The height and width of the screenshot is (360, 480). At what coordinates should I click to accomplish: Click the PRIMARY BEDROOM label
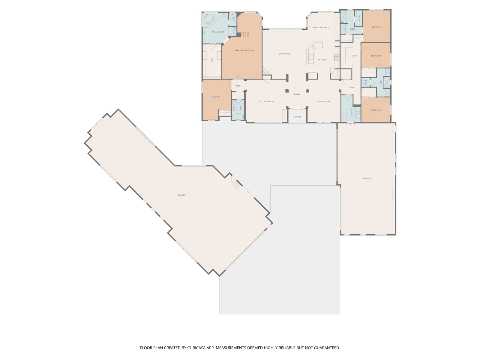click(244, 50)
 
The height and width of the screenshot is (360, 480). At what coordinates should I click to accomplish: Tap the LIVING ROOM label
click(285, 54)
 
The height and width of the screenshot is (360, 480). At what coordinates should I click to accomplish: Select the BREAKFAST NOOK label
click(321, 28)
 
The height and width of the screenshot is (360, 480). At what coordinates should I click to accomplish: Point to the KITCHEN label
click(322, 60)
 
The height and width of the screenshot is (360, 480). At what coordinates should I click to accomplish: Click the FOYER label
click(297, 94)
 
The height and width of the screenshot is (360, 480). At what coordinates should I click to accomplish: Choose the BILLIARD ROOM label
click(266, 102)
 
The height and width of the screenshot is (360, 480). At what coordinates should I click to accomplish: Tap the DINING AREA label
click(324, 102)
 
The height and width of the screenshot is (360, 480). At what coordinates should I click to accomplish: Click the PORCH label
click(297, 117)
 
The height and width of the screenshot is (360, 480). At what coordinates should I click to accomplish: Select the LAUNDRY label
click(351, 112)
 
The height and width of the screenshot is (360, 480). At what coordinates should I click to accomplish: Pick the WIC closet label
click(212, 60)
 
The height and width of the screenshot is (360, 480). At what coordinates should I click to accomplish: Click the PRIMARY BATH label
click(218, 32)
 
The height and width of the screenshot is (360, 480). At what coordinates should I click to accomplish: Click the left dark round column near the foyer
click(287, 91)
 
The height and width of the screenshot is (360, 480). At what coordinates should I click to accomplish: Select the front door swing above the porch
click(297, 106)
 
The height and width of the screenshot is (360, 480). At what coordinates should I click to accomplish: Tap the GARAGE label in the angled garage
click(181, 195)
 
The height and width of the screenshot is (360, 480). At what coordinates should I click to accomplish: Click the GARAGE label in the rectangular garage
click(367, 178)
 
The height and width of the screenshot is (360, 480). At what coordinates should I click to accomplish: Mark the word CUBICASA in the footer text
click(196, 347)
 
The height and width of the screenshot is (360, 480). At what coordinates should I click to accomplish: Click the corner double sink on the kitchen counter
click(313, 47)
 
